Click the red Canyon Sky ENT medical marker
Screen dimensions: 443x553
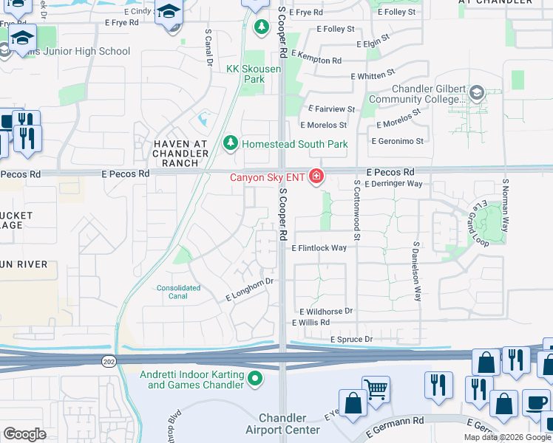316,176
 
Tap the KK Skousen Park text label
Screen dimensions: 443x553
245,74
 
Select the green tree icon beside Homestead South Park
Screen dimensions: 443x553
231,142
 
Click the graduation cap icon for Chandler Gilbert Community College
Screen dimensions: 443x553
476,93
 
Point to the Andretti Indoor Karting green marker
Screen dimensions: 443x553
255,380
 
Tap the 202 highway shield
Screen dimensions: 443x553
107,360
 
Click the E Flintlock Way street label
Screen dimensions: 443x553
319,248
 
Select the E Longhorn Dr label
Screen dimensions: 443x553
250,289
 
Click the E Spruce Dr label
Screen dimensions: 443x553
351,339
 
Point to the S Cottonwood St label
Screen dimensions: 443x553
356,210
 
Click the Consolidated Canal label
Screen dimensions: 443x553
178,292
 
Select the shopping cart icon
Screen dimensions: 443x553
376,388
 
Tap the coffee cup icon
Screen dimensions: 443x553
536,404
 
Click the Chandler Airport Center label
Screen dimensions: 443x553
289,424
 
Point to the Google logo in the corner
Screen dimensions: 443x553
24,433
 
